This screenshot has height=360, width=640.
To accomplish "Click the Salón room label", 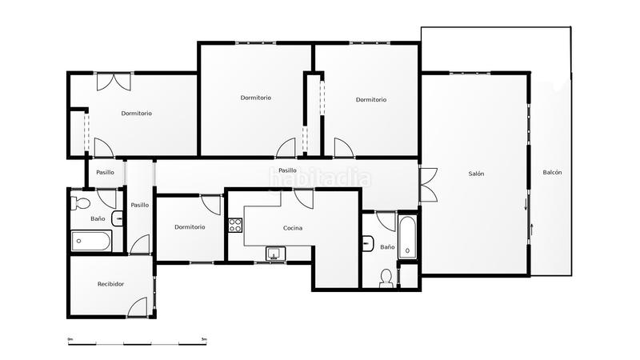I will [476, 174].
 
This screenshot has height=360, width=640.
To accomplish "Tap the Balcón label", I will [552, 173].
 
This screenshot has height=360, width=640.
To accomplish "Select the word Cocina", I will [293, 228].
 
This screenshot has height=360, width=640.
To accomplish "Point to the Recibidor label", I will [110, 284].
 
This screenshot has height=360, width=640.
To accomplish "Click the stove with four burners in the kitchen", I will [236, 225].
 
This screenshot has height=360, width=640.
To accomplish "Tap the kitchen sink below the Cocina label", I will [275, 254].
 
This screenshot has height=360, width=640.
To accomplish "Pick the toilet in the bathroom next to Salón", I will [386, 276].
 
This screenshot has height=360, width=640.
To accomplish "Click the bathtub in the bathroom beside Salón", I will [407, 237].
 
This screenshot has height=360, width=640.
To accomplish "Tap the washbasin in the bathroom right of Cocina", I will [368, 242].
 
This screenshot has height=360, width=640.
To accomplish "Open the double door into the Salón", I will [427, 186].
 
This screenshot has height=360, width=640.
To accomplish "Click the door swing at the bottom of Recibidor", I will [137, 306].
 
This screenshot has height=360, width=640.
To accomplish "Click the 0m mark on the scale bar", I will [70, 339].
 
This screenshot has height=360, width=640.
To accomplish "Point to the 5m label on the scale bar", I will [204, 339].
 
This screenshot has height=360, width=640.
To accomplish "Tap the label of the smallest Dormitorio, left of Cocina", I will [190, 227].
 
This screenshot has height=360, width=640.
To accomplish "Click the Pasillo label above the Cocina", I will [287, 170].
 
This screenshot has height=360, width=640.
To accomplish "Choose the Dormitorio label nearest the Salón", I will [371, 100].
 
